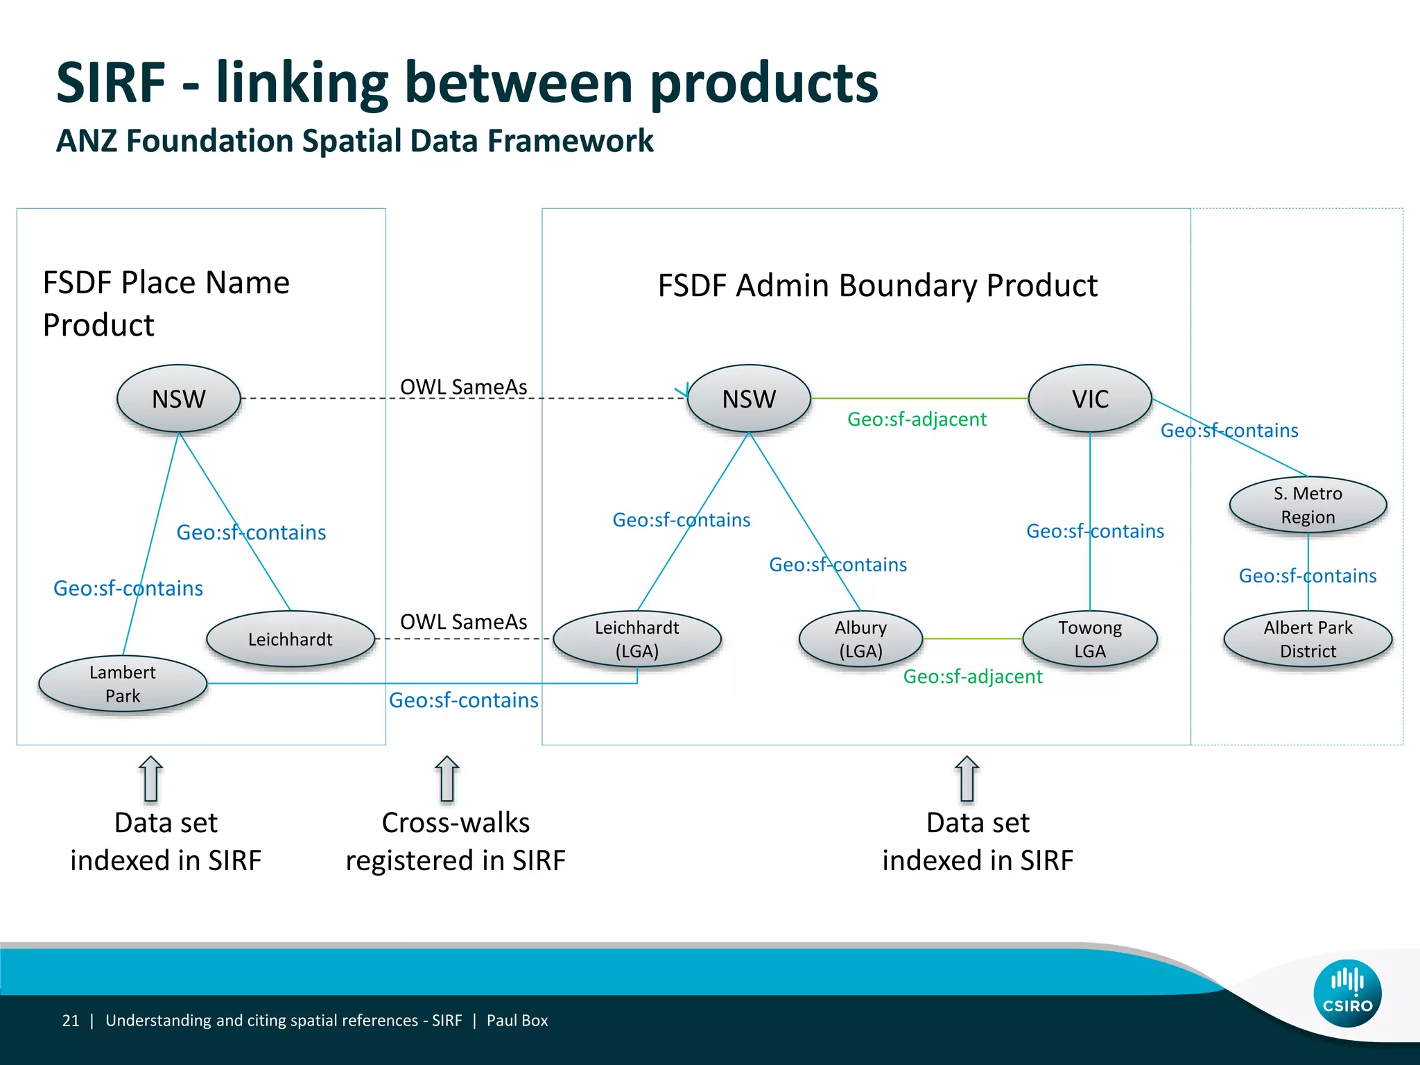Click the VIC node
[1090, 399]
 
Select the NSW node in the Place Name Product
[179, 399]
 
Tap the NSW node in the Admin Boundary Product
[749, 399]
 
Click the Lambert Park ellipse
[123, 684]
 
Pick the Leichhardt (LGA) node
[637, 639]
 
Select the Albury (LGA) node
[860, 639]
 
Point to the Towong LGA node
[1090, 639]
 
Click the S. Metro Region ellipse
[1308, 505]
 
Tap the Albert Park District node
[1308, 639]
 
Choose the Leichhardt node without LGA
[291, 639]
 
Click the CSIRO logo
[1347, 993]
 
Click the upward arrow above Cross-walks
[447, 778]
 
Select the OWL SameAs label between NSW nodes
[463, 387]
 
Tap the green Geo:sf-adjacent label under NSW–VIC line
[917, 419]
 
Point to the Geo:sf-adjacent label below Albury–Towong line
[973, 677]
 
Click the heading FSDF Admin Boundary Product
[877, 286]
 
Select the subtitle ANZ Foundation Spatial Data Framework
[354, 141]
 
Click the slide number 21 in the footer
[71, 1021]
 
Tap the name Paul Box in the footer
[517, 1021]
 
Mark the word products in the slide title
[764, 83]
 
